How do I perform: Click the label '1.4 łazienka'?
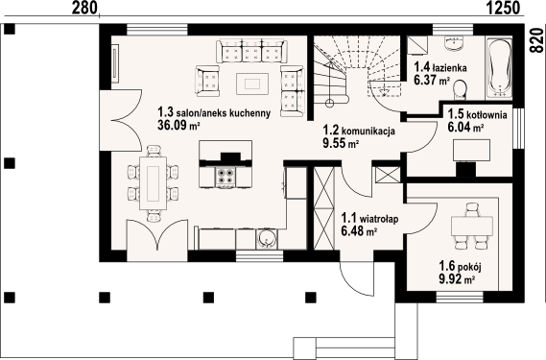(x=439, y=68)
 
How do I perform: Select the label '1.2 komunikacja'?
(x=359, y=132)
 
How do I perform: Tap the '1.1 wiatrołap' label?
(x=369, y=218)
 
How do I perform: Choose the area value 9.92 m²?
(x=457, y=280)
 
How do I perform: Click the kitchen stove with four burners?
(x=227, y=176)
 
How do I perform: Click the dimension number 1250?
(x=503, y=9)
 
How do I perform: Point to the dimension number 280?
(x=86, y=9)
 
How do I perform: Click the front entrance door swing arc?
(x=363, y=279)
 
